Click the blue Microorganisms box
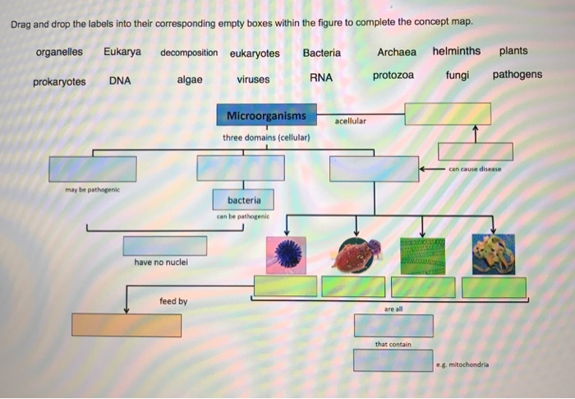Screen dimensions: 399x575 pyautogui.click(x=266, y=116)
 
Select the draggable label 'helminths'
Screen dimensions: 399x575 pyautogui.click(x=456, y=52)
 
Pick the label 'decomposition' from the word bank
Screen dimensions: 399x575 pyautogui.click(x=189, y=53)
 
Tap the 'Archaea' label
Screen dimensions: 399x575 pyautogui.click(x=397, y=53)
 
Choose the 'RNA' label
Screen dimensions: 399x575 pyautogui.click(x=321, y=78)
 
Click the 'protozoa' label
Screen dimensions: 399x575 pyautogui.click(x=393, y=76)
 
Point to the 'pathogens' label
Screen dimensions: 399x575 pyautogui.click(x=517, y=75)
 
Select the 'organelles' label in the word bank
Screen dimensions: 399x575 pyautogui.click(x=59, y=52)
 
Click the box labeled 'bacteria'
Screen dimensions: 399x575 pyautogui.click(x=244, y=200)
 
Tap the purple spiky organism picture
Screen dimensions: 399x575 pyautogui.click(x=285, y=254)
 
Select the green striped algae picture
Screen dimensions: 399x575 pyautogui.click(x=422, y=256)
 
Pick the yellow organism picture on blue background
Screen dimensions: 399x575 pyautogui.click(x=493, y=254)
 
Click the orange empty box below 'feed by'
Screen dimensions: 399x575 pyautogui.click(x=126, y=325)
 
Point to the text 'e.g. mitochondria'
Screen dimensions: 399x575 pyautogui.click(x=462, y=364)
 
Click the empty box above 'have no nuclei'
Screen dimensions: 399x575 pyautogui.click(x=165, y=246)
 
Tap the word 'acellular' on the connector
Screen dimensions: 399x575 pyautogui.click(x=351, y=121)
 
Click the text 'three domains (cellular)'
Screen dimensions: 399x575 pyautogui.click(x=266, y=137)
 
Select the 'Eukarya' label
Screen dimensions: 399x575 pyautogui.click(x=122, y=52)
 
